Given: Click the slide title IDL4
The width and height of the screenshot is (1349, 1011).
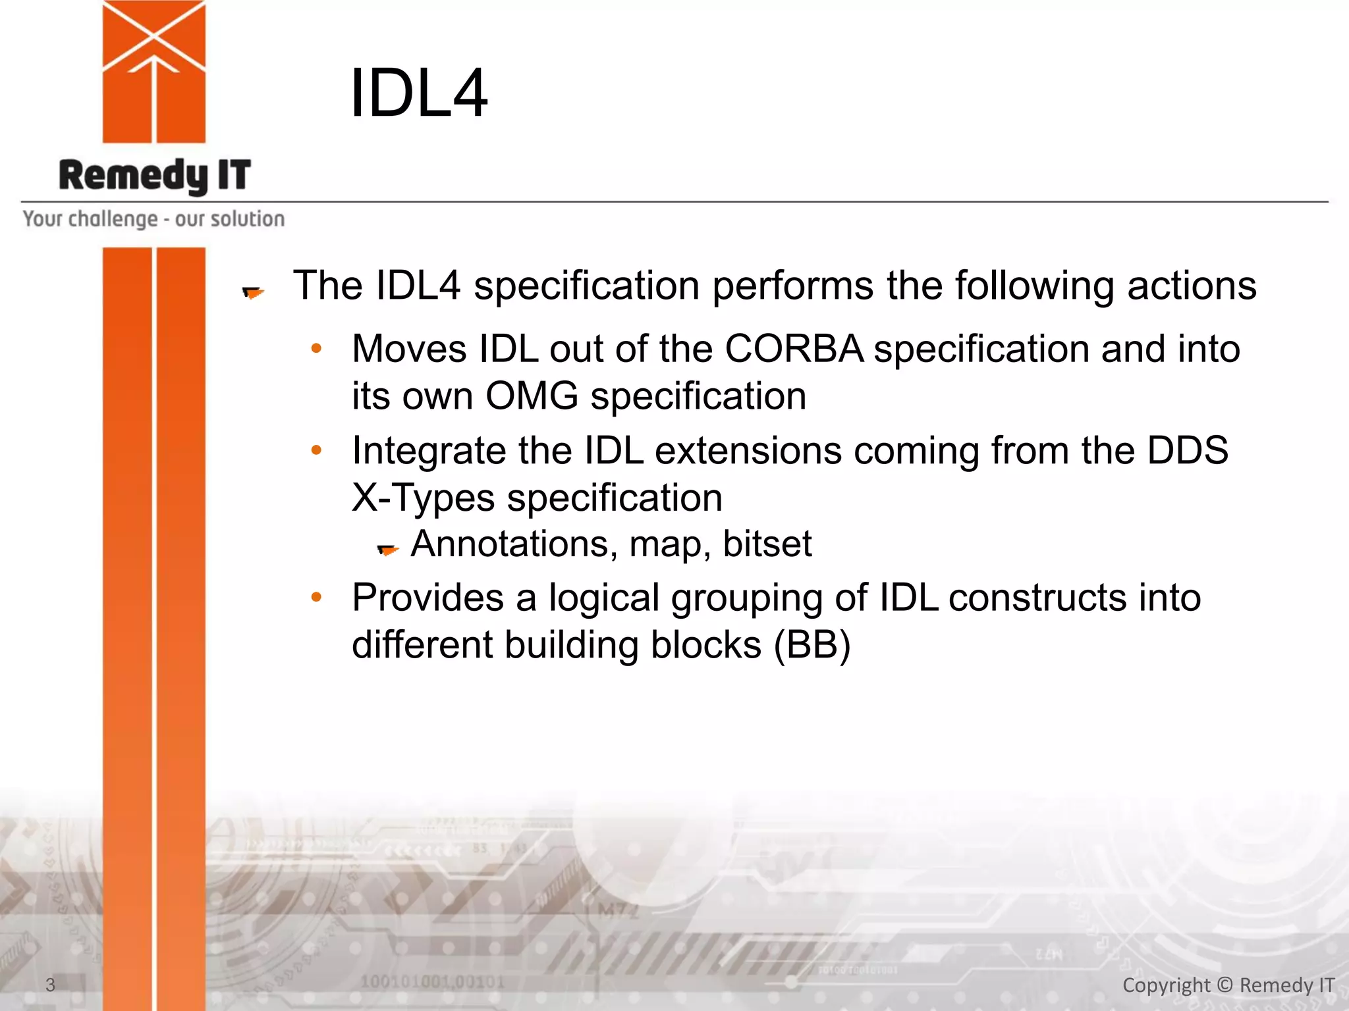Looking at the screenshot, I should [419, 93].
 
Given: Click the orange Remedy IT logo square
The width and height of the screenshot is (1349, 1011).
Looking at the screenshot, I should [153, 71].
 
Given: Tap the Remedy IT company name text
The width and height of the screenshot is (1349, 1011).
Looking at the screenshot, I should [155, 176].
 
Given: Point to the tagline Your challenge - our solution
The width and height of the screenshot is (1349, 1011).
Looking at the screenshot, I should [153, 219].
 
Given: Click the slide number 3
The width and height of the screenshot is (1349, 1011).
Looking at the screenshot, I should [50, 985].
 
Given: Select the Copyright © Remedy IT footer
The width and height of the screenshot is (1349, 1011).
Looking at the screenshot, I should [1228, 985].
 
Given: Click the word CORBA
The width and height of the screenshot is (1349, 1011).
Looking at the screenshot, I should [794, 348].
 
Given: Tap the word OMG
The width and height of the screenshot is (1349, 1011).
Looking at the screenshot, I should [532, 396].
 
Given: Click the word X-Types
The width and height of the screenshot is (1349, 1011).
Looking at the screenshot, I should [423, 498].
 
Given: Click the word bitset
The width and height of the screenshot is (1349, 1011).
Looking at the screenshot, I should [767, 544].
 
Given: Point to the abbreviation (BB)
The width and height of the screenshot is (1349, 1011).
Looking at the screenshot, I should [812, 644].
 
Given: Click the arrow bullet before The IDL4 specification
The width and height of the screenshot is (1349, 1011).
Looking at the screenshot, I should [253, 292].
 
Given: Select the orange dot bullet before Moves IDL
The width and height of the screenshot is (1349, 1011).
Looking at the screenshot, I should [316, 349].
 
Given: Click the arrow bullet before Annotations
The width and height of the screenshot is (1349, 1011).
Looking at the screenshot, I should [388, 548].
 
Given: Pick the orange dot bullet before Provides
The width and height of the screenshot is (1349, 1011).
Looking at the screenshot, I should [316, 598].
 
